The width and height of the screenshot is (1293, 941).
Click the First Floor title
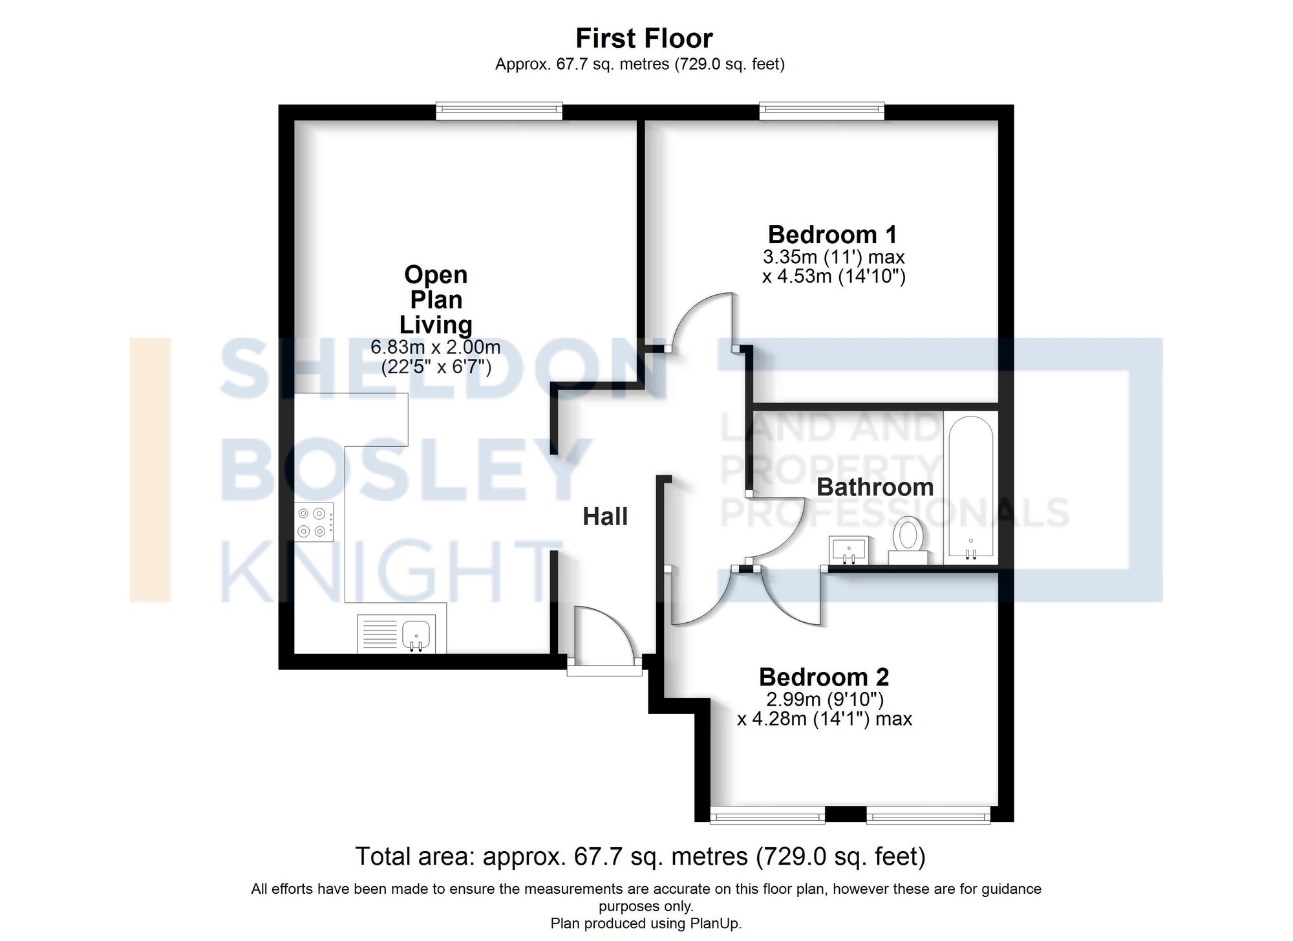[644, 39]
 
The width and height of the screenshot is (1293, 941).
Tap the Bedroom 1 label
[832, 234]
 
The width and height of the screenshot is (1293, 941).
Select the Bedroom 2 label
[824, 677]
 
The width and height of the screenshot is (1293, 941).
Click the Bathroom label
[875, 487]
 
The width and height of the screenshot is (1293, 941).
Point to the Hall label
[605, 517]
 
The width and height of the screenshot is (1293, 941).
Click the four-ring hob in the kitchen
[314, 523]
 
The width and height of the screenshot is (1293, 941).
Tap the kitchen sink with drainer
[396, 634]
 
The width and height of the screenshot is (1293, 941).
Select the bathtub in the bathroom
[970, 488]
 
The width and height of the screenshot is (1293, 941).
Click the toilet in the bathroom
[908, 537]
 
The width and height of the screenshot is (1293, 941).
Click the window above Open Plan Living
[499, 111]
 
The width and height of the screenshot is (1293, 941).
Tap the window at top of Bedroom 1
[822, 111]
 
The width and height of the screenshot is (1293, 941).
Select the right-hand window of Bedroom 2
[928, 815]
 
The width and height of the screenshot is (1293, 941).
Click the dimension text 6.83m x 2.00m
[435, 347]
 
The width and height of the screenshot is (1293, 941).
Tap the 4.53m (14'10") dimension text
[833, 277]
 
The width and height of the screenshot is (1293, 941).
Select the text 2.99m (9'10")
[825, 699]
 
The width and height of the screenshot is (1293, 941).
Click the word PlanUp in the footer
[715, 924]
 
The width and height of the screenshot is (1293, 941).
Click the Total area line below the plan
[640, 856]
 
